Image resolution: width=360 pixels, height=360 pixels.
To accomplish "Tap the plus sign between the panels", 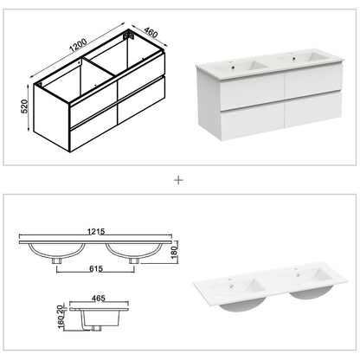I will click(179, 180).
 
